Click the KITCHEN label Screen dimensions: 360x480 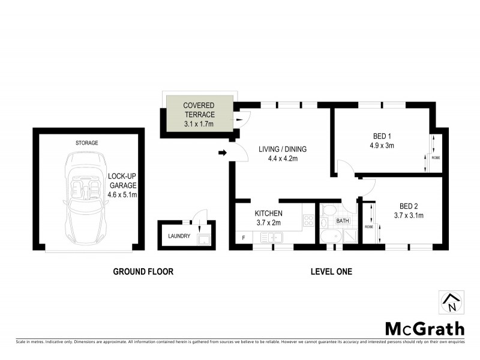(268, 214)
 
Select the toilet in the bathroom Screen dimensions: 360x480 (327, 211)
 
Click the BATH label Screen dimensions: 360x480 (342, 221)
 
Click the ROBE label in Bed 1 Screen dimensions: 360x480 (436, 157)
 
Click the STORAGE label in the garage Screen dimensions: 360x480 (87, 143)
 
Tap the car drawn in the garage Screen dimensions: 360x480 (85, 195)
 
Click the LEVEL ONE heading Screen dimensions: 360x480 (331, 272)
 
